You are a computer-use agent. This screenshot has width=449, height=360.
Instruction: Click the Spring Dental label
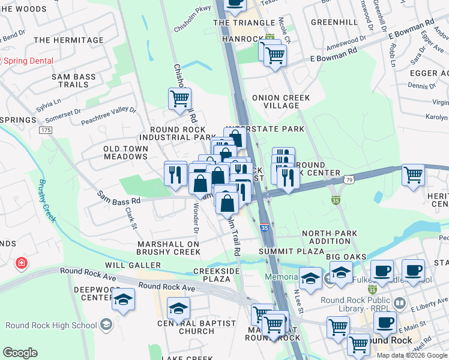(x=28, y=61)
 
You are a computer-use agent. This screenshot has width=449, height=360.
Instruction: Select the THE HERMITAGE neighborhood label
(x=68, y=40)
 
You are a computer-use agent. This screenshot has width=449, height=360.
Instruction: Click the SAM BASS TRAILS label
(x=74, y=81)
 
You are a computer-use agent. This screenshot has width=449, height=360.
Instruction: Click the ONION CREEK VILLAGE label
(x=281, y=101)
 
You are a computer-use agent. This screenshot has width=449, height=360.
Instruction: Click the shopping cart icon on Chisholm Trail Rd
(x=179, y=99)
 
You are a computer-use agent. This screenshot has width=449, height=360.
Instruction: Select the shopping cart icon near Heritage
(x=413, y=176)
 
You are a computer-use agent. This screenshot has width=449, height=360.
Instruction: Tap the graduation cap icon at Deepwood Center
(x=123, y=299)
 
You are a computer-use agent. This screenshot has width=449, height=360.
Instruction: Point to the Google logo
(x=20, y=352)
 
